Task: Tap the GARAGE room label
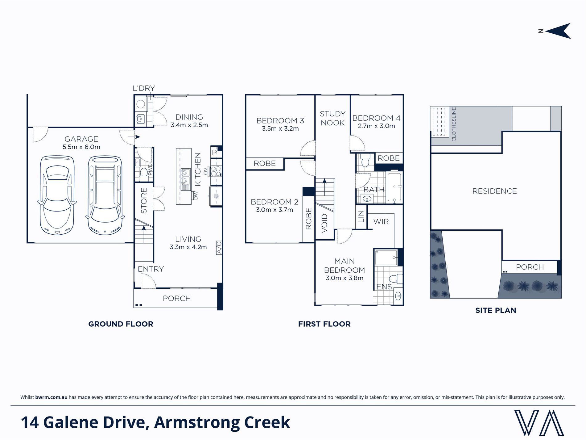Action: [81, 139]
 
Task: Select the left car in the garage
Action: [57, 196]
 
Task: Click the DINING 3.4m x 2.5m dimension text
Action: [189, 125]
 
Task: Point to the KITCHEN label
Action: [198, 169]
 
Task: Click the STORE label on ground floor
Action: [144, 201]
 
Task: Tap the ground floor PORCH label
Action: [177, 299]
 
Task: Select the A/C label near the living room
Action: [219, 248]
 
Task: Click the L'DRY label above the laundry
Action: [143, 88]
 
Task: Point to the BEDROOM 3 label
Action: [280, 121]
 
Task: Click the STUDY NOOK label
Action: [332, 118]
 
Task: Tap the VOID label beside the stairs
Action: [324, 223]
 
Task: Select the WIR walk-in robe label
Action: [381, 222]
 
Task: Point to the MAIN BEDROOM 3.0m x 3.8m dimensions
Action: [345, 278]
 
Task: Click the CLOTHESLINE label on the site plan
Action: [453, 124]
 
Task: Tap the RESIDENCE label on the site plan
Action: [494, 191]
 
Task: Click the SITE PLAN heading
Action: [495, 310]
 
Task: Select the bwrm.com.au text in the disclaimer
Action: [51, 397]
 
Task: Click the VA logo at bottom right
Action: [539, 422]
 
